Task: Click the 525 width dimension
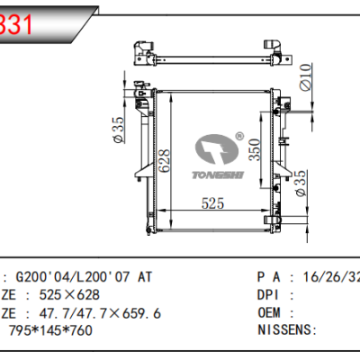211,203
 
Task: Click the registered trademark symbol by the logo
239,136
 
